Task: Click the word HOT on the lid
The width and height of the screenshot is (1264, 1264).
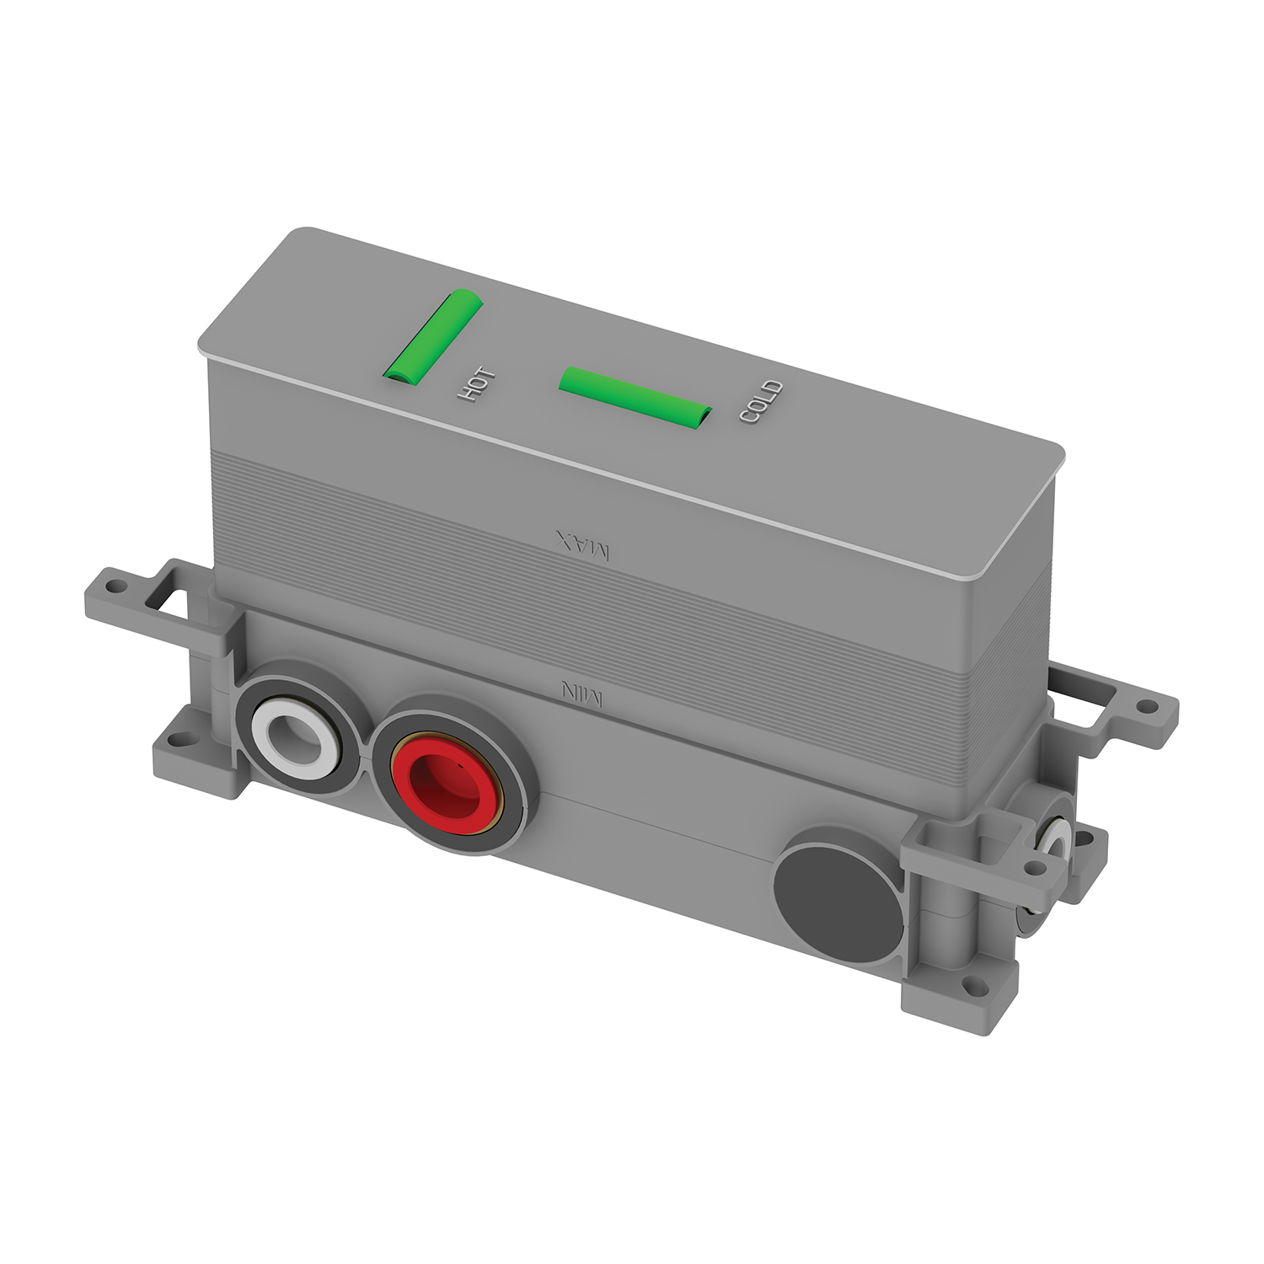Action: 476,384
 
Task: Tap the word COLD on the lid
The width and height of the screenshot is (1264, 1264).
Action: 762,401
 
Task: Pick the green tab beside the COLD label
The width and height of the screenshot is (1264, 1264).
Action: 635,398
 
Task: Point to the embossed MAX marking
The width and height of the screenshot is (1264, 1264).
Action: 582,545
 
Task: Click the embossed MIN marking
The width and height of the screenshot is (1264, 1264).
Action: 582,693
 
